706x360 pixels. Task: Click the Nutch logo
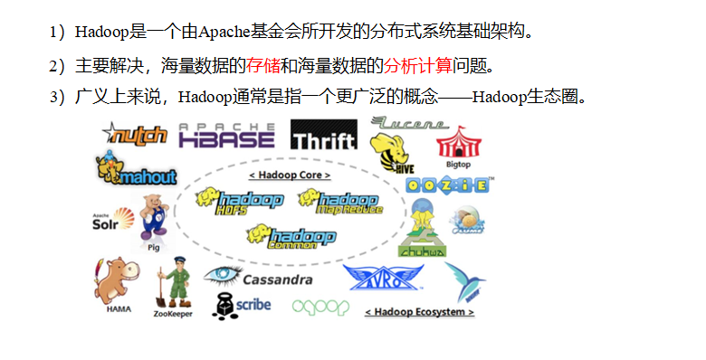click(136, 135)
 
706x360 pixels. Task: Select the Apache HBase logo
click(226, 135)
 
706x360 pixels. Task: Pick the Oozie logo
click(448, 185)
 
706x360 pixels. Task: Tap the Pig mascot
click(154, 218)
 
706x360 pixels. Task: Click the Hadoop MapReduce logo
click(339, 203)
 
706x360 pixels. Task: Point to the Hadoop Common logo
click(291, 236)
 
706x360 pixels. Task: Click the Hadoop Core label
click(289, 174)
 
